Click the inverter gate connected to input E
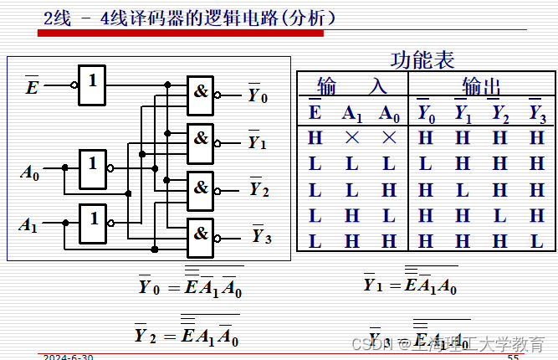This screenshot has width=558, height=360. click(93, 85)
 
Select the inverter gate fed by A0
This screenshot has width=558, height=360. click(93, 169)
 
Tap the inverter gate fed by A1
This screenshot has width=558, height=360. click(93, 224)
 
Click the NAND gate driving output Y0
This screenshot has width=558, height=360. click(201, 93)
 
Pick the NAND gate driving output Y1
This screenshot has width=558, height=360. click(201, 139)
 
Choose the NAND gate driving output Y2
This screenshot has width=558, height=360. click(201, 187)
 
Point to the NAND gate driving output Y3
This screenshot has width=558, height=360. click(201, 234)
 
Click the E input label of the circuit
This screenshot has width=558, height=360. click(32, 85)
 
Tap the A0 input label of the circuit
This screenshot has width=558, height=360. click(30, 174)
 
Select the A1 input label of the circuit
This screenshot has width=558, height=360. click(29, 225)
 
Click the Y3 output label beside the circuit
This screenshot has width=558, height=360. click(261, 236)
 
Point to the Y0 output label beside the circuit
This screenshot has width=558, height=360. click(258, 96)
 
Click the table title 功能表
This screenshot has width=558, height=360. click(422, 60)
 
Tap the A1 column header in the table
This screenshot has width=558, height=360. click(351, 113)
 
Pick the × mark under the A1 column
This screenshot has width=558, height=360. click(351, 137)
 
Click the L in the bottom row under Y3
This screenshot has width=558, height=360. click(536, 241)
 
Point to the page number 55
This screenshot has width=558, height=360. click(513, 357)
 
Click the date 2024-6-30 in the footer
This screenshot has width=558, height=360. click(69, 357)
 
